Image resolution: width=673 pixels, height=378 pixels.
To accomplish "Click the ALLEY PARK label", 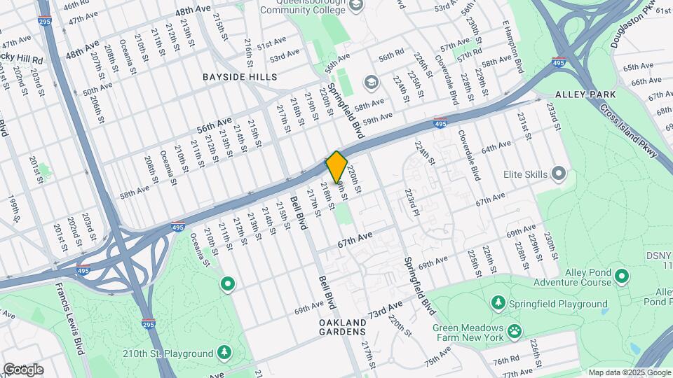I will pos(585,94).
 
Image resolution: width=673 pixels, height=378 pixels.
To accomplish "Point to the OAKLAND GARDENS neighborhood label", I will pos(343,327).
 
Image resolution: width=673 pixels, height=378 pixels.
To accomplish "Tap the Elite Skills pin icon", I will pos(558,172).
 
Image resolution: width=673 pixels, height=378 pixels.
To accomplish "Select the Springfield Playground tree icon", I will pos(498,303).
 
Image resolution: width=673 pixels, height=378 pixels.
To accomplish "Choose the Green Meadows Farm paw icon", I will pos(515,328).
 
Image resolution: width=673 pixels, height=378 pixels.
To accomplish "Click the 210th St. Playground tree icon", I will pos(224,351).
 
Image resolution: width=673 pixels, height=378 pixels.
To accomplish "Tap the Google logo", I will pos(22,370).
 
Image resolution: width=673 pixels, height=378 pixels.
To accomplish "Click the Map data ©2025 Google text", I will pos(629,372).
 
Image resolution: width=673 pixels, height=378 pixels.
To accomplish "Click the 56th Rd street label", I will pos(391,55).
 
